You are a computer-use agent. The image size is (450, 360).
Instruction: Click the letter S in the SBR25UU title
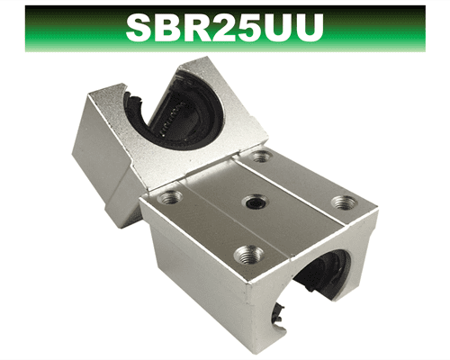(x=140, y=28)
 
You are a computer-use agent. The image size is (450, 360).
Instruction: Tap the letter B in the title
(x=172, y=28)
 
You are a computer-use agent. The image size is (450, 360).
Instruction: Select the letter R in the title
(x=202, y=28)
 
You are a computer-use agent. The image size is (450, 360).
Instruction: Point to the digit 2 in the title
(x=229, y=28)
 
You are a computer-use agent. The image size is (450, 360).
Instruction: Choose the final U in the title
(x=310, y=29)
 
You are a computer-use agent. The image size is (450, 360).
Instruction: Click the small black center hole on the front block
(x=256, y=202)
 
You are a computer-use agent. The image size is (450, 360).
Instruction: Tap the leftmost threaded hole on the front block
(x=170, y=197)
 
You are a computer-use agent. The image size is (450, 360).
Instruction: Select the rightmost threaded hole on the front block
(x=344, y=202)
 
